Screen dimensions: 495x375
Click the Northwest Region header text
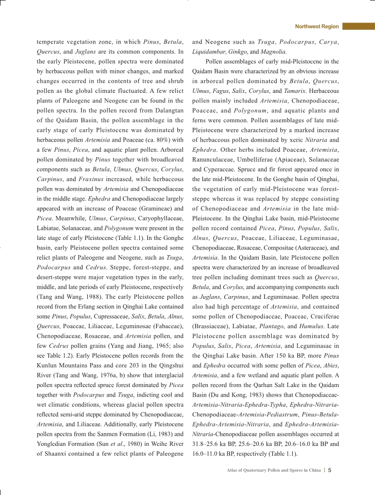click(317, 27)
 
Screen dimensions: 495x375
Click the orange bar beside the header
click(358, 27)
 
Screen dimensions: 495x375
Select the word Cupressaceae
click(113, 317)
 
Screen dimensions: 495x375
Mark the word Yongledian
click(52, 432)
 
